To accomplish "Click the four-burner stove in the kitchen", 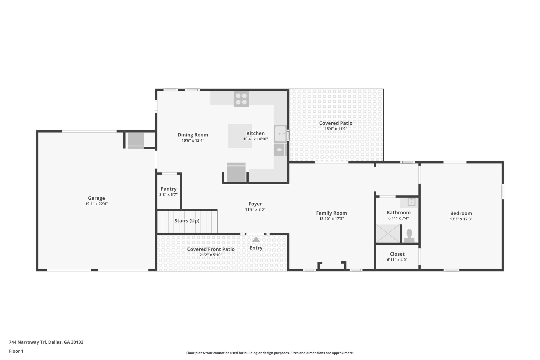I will [x=241, y=99].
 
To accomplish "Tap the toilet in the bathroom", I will [x=409, y=236].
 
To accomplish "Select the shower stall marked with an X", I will [x=388, y=233].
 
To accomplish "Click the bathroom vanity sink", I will [x=411, y=202].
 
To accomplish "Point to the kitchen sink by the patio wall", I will [x=280, y=134].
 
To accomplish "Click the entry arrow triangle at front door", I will [x=256, y=239].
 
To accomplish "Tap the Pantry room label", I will [x=168, y=189].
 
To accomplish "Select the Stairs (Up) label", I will [x=187, y=221].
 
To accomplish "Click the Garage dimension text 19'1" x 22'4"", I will [x=97, y=204].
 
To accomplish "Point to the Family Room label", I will [x=331, y=213].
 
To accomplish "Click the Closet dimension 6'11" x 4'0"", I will [x=397, y=260].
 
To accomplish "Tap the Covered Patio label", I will [x=336, y=123].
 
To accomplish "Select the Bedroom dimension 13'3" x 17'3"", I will [x=461, y=219].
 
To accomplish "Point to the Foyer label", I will [x=255, y=204].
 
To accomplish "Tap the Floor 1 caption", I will [x=16, y=351].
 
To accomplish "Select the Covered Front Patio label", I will [x=211, y=249].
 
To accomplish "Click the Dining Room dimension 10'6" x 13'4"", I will [x=193, y=141].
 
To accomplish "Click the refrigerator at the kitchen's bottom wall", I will [x=236, y=173].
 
